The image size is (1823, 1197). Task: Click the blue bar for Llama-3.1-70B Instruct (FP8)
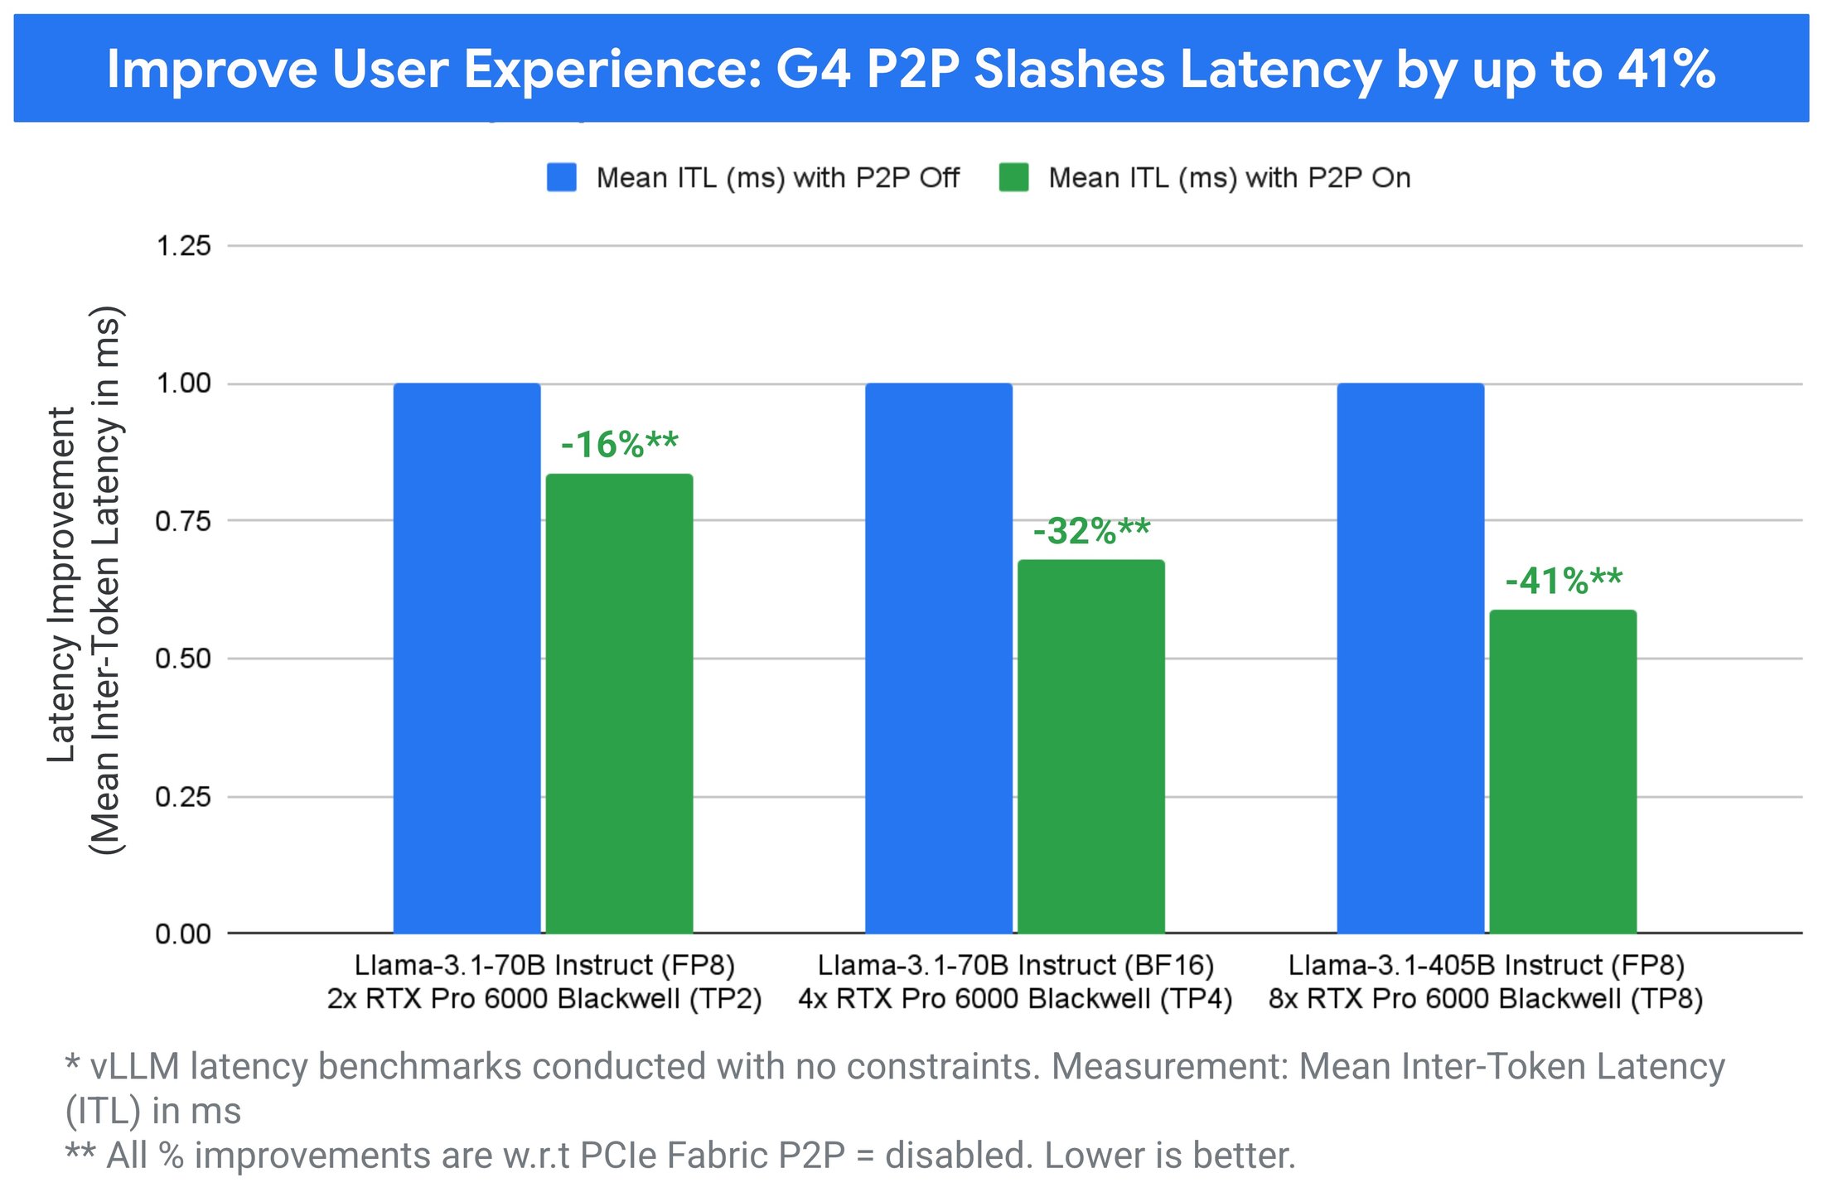(467, 659)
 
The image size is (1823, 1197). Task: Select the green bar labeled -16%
(619, 704)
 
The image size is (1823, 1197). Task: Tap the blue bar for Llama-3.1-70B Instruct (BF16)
(939, 659)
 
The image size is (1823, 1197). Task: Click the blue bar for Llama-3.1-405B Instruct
(1410, 659)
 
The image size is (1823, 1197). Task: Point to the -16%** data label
(619, 445)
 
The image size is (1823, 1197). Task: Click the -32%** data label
(1091, 531)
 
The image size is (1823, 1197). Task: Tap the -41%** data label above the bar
(1564, 581)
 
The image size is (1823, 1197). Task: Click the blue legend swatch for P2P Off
(562, 178)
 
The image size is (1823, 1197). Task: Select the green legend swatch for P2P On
(1013, 178)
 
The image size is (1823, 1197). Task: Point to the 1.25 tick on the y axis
(183, 246)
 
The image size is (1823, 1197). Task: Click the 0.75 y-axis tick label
(183, 521)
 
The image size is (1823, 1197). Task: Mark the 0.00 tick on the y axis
(183, 934)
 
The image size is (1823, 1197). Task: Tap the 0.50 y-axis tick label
(183, 659)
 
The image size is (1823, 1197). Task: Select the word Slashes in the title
(1069, 69)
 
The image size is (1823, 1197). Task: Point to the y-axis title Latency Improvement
(62, 584)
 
